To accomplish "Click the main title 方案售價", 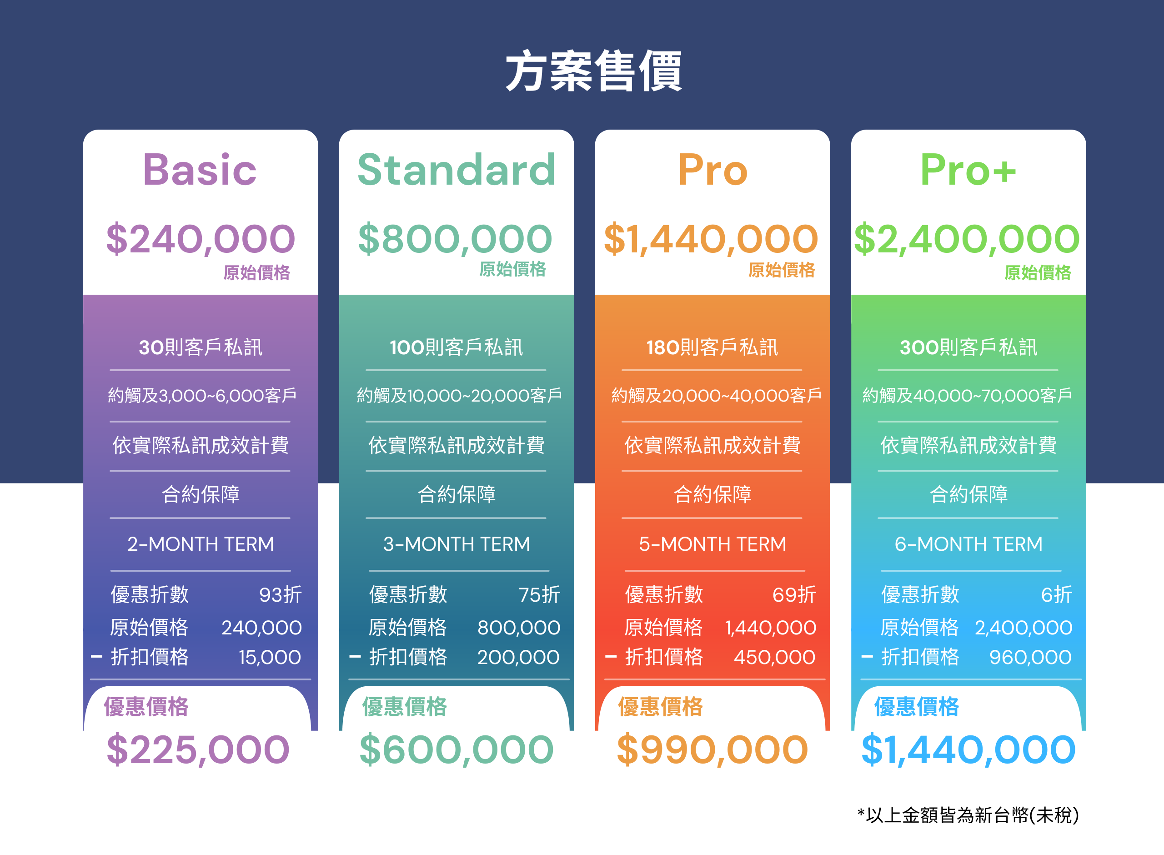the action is pyautogui.click(x=594, y=71).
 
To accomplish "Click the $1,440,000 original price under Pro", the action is pyautogui.click(x=711, y=239).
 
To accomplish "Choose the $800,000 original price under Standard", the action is pyautogui.click(x=455, y=239).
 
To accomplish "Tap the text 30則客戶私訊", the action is pyautogui.click(x=200, y=347).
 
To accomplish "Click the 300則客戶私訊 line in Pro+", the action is pyautogui.click(x=968, y=347).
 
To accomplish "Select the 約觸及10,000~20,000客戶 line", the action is pyautogui.click(x=459, y=395).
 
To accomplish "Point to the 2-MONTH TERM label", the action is pyautogui.click(x=201, y=544).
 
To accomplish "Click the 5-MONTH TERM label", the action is pyautogui.click(x=712, y=544).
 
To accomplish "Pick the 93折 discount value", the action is pyautogui.click(x=281, y=595).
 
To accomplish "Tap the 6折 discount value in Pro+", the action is pyautogui.click(x=1056, y=595).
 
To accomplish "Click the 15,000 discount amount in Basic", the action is pyautogui.click(x=270, y=657).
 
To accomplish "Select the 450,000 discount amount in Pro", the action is pyautogui.click(x=774, y=657).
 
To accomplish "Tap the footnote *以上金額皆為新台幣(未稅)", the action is pyautogui.click(x=968, y=815).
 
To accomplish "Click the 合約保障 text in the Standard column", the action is pyautogui.click(x=457, y=495).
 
